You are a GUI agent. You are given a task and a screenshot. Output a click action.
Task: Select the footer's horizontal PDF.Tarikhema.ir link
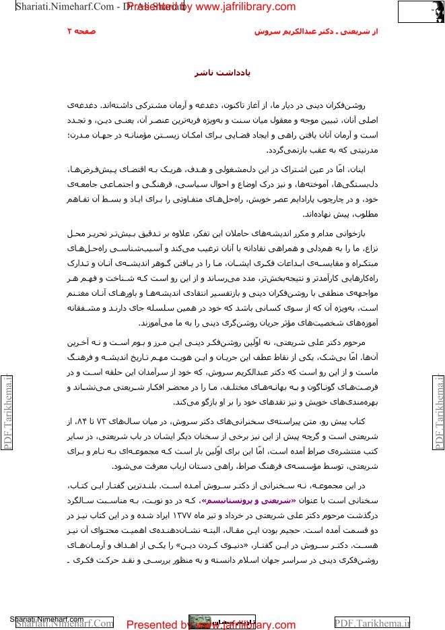pyautogui.click(x=372, y=623)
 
